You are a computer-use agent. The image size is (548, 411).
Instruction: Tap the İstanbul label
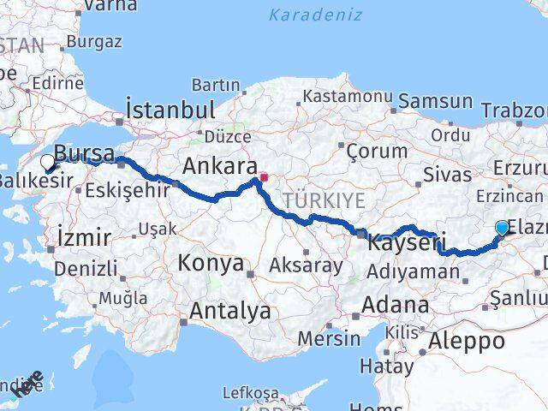[x=170, y=110]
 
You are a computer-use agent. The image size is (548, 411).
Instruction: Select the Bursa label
[x=84, y=153]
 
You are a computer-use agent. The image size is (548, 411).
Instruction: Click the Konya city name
[x=211, y=264]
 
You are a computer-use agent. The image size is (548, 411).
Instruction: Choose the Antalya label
[x=231, y=310]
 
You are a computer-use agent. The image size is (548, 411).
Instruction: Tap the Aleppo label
[x=468, y=341]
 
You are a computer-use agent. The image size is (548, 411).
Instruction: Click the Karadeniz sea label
[x=314, y=15]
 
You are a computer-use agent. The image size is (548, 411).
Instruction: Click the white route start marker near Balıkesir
[x=48, y=160]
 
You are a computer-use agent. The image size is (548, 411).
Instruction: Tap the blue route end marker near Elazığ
[x=502, y=228]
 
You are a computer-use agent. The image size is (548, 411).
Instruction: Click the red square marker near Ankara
[x=265, y=179]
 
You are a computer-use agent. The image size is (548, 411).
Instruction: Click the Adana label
[x=396, y=304]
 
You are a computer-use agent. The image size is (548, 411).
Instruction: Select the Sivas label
[x=448, y=175]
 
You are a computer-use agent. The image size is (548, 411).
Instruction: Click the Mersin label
[x=331, y=337]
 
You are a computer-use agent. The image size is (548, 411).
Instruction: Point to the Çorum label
[x=377, y=151]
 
